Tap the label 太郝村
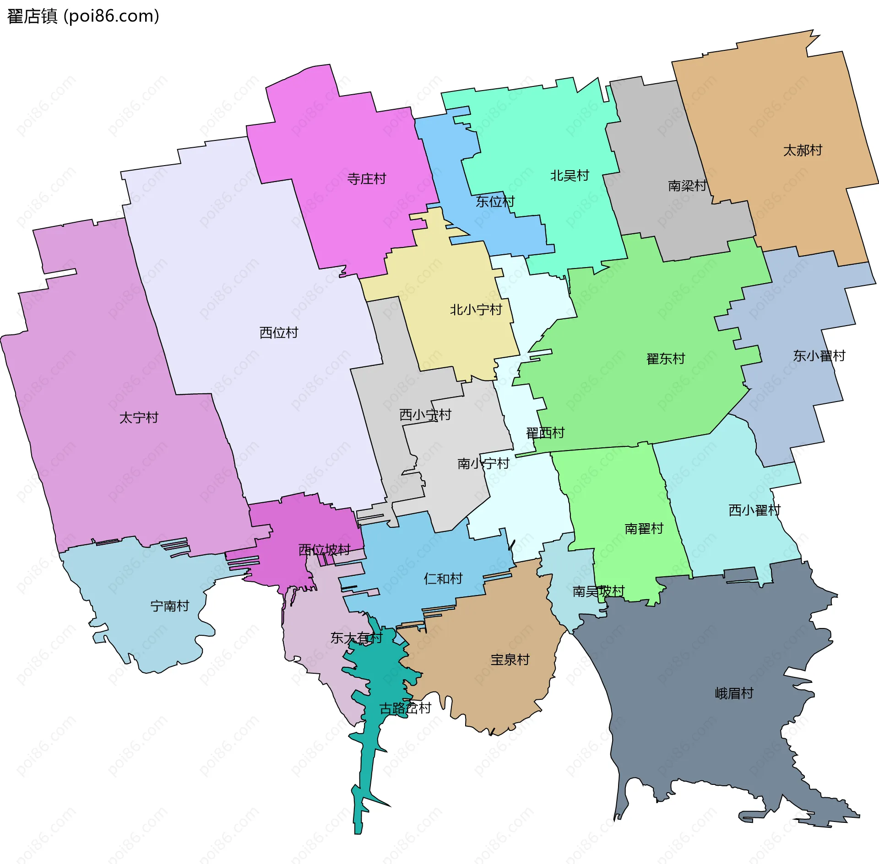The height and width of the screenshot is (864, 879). [802, 150]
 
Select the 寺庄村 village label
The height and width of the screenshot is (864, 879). [366, 178]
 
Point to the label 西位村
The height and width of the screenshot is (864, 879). [278, 332]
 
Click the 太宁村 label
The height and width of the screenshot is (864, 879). [138, 417]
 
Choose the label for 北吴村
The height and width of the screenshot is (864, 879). [569, 175]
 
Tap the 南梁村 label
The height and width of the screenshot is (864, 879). [687, 185]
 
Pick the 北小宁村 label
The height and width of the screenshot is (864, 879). [476, 310]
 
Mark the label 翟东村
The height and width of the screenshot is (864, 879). [665, 358]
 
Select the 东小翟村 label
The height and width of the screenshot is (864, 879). [819, 355]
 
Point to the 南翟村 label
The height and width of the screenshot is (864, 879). [644, 528]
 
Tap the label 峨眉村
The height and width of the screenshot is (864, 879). [734, 693]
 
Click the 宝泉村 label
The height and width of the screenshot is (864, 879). [510, 659]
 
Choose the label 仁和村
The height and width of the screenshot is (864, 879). [443, 578]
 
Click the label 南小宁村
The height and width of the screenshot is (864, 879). [483, 463]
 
